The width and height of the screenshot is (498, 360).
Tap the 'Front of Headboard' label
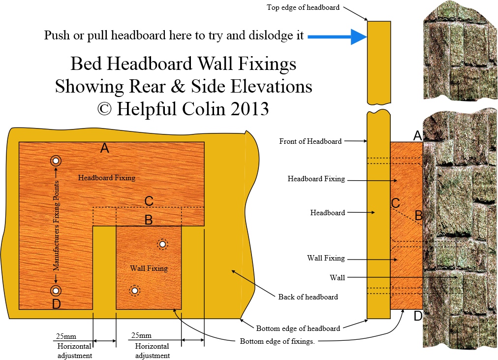point(310,141)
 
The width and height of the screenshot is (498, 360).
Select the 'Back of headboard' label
point(308,296)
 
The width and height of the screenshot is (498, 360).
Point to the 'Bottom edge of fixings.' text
point(277,341)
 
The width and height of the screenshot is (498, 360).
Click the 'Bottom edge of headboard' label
point(298,328)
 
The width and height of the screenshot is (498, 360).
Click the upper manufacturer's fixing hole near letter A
point(56,161)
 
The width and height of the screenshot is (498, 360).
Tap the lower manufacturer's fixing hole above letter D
point(56,290)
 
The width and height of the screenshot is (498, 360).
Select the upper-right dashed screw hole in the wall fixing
point(162,243)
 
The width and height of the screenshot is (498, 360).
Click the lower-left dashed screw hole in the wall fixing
point(134,290)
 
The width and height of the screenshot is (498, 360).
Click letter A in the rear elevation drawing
point(104,148)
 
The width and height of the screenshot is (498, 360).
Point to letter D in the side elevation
point(418,316)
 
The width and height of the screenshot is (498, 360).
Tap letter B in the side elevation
point(418,215)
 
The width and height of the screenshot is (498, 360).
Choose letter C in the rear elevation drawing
point(149,201)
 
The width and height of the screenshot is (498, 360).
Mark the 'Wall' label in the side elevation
point(337,278)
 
